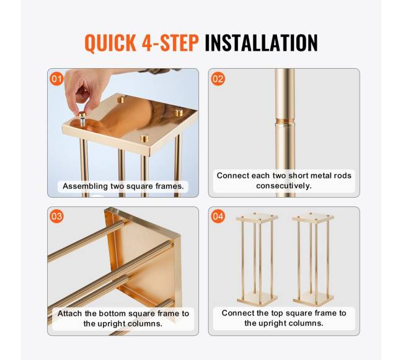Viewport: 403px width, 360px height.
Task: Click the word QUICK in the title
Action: (x=110, y=43)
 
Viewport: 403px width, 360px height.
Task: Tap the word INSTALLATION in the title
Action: (x=261, y=43)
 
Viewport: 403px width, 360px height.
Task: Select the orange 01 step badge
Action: (x=56, y=79)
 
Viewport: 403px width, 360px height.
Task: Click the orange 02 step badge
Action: (x=218, y=79)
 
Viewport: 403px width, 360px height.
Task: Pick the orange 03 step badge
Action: (x=56, y=216)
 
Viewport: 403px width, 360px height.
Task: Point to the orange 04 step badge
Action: (x=218, y=216)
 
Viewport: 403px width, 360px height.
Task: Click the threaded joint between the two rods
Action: (x=285, y=121)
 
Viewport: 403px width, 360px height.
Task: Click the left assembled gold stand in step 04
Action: (x=257, y=259)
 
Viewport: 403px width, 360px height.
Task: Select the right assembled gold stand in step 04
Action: (x=313, y=259)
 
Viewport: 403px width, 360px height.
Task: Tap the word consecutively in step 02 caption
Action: (x=284, y=185)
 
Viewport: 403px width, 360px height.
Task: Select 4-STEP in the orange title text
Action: (x=170, y=43)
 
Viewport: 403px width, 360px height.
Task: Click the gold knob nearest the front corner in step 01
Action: (x=144, y=138)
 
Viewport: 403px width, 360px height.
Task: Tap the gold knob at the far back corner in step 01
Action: (x=120, y=99)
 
